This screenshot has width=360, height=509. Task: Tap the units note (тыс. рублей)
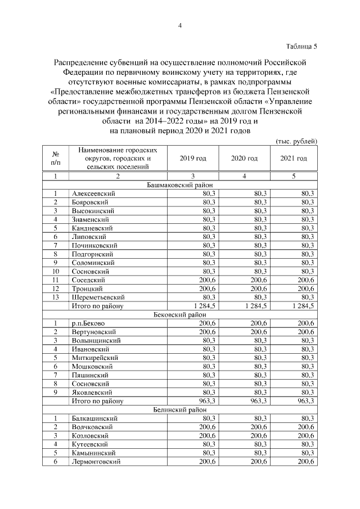(296, 141)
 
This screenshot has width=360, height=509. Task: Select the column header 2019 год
(193, 159)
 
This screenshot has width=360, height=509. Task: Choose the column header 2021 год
(294, 159)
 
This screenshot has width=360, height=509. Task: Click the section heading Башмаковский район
(179, 184)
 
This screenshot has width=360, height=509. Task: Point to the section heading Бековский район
(179, 314)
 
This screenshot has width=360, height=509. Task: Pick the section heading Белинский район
(179, 410)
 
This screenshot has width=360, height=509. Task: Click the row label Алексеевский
(93, 193)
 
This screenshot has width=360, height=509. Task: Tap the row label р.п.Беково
(88, 323)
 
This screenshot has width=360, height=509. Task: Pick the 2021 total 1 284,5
(300, 306)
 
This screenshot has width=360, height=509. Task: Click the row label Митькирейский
(94, 358)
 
